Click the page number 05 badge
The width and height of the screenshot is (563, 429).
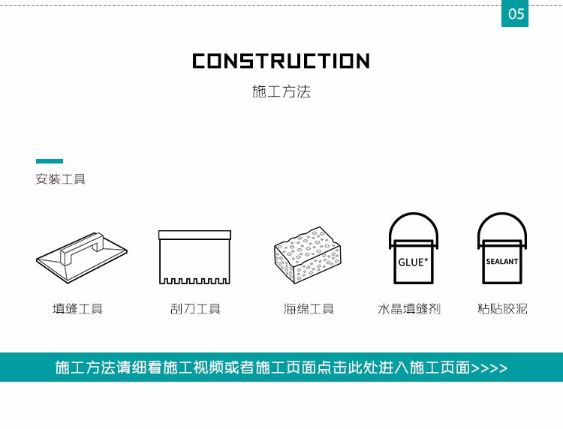tap(515, 14)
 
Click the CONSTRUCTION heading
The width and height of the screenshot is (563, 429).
tap(281, 61)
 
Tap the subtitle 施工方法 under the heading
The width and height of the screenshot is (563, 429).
tap(281, 92)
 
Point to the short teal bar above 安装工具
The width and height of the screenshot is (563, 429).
tap(50, 161)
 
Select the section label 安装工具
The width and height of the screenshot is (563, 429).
tap(60, 180)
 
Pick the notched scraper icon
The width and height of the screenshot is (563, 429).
tap(194, 257)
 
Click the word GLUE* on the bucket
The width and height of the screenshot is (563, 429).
tap(411, 262)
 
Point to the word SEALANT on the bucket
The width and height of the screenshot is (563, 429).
tap(502, 262)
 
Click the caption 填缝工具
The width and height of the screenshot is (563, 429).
tap(77, 309)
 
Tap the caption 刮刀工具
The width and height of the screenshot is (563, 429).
tap(195, 309)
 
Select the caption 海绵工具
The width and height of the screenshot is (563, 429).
tap(309, 309)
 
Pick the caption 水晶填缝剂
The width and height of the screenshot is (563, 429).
tap(409, 309)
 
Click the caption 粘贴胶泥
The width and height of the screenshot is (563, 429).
tap(502, 309)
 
